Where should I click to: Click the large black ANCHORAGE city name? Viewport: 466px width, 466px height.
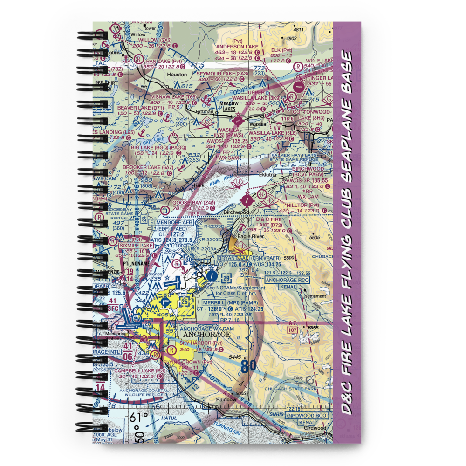(x=207, y=334)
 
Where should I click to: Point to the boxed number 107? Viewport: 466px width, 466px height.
(x=292, y=330)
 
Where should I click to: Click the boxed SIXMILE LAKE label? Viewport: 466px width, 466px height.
(x=136, y=245)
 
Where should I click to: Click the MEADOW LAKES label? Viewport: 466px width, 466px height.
(x=229, y=107)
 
